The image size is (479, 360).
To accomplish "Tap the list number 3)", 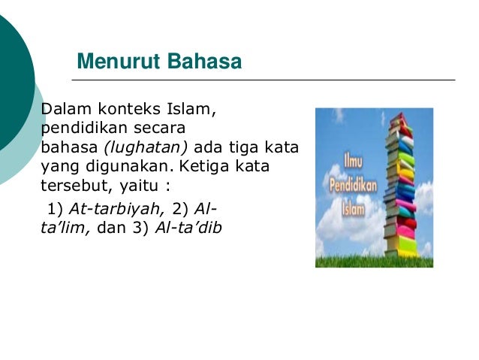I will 141,227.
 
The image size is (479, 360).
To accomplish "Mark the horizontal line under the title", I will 263,80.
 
